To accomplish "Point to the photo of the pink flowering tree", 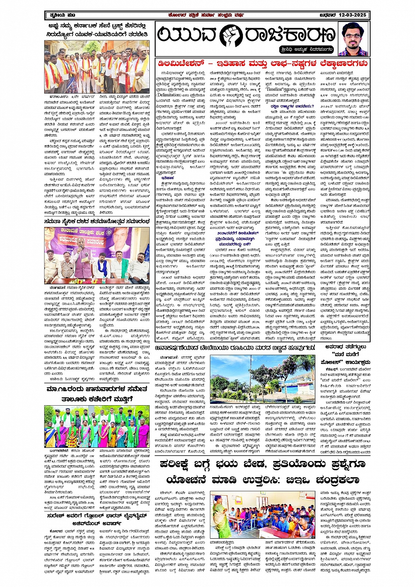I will pos(263,379).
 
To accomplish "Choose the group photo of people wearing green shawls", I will pos(97,426).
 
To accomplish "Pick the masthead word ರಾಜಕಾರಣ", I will pos(282,36).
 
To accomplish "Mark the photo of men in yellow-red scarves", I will pos(97,67).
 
